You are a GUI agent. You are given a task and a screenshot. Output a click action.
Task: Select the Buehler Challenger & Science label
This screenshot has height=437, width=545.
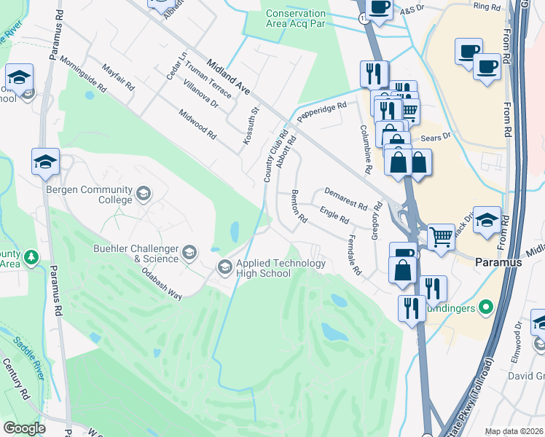click(x=136, y=253)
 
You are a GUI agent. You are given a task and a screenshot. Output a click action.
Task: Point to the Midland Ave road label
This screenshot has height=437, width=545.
click(x=229, y=77)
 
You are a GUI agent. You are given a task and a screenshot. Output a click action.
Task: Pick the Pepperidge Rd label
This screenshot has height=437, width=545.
click(x=320, y=111)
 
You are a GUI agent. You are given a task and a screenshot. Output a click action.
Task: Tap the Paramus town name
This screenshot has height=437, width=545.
click(x=498, y=261)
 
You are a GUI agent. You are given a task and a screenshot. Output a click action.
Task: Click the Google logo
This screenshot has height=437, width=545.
click(x=24, y=428)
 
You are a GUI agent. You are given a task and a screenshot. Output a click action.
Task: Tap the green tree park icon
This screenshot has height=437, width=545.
click(x=31, y=257)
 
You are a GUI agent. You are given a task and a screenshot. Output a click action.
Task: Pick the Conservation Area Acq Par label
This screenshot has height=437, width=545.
click(x=296, y=18)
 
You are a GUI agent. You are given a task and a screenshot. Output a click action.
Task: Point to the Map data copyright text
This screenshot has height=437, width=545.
click(x=514, y=431)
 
